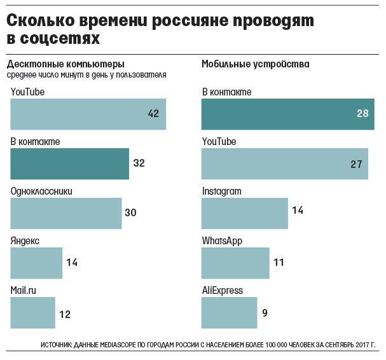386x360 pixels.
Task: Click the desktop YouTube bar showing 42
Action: point(88,114)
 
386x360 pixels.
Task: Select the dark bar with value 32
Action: point(70,163)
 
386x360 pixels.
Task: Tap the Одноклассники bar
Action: point(66,212)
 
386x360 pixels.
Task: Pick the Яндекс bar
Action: point(36,263)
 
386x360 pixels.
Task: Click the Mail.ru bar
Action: point(32,312)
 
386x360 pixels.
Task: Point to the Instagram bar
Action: point(244,212)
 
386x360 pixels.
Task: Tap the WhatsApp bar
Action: point(235,263)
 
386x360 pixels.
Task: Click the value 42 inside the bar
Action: point(153,114)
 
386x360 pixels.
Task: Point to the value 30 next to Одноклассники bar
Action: point(131,212)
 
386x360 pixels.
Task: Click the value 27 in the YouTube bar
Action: point(356,163)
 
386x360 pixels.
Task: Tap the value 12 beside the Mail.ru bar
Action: point(64,313)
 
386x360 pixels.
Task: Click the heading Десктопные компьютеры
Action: point(65,64)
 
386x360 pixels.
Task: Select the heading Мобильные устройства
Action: point(255,64)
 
